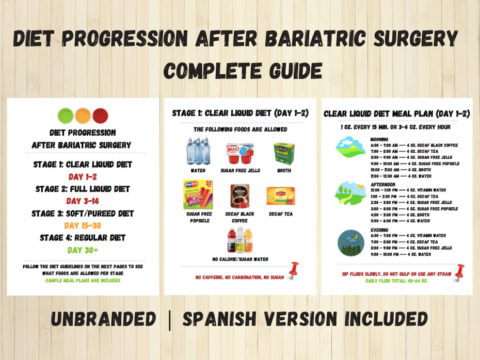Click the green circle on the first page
point(65,114)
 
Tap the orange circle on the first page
point(82,114)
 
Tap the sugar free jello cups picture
point(238,151)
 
